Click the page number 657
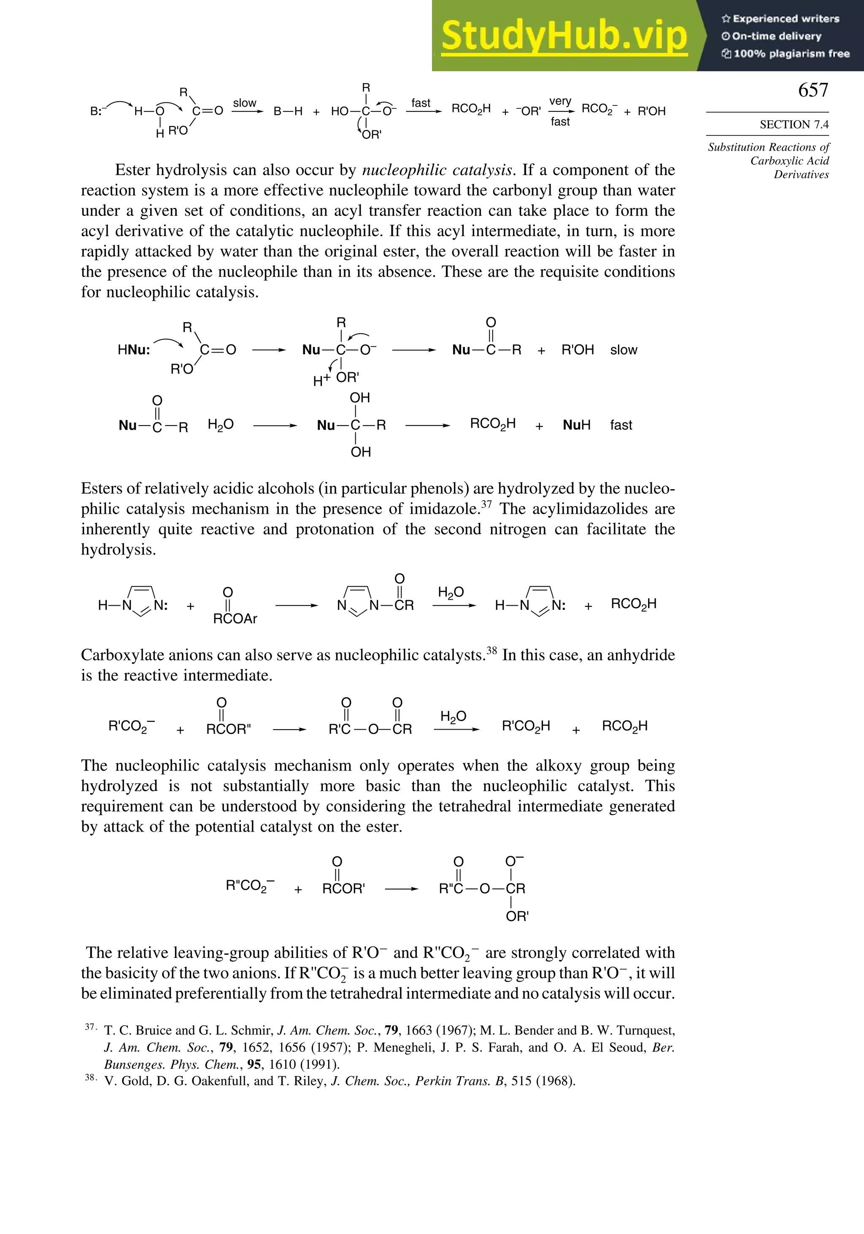pyautogui.click(x=813, y=90)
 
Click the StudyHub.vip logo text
pyautogui.click(x=564, y=36)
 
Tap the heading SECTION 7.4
pyautogui.click(x=794, y=125)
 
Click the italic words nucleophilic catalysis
pyautogui.click(x=437, y=170)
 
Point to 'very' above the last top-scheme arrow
pyautogui.click(x=560, y=101)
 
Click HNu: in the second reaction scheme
pyautogui.click(x=134, y=350)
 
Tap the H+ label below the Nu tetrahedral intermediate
pyautogui.click(x=321, y=380)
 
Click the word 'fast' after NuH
pyautogui.click(x=621, y=425)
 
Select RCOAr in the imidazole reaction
pyautogui.click(x=235, y=619)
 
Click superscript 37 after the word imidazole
pyautogui.click(x=486, y=504)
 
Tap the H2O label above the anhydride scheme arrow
pyautogui.click(x=453, y=717)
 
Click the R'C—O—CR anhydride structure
pyautogui.click(x=370, y=729)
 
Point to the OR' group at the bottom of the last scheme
pyautogui.click(x=517, y=916)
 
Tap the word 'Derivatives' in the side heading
pyautogui.click(x=801, y=175)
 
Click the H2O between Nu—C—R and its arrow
pyautogui.click(x=221, y=425)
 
